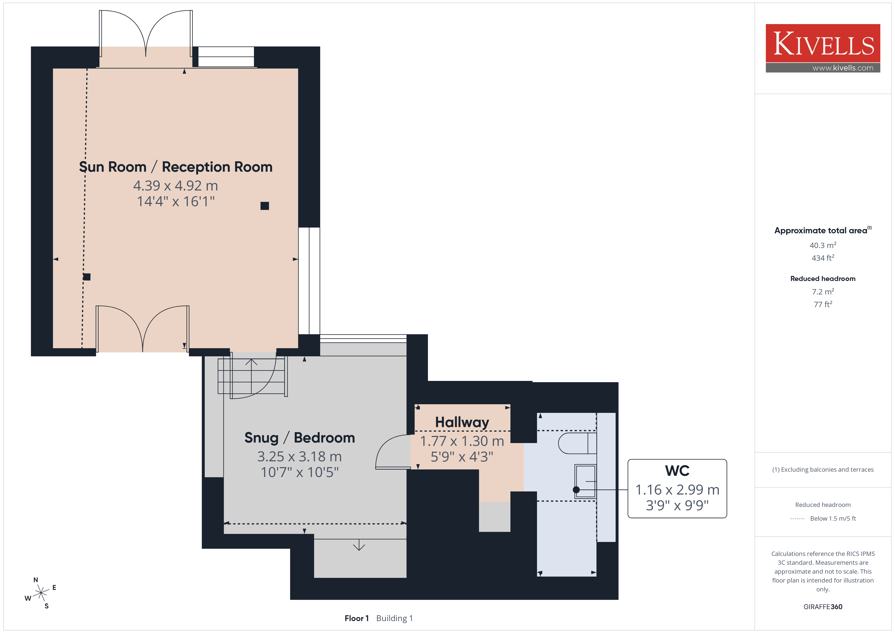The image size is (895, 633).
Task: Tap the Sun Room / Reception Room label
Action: click(176, 167)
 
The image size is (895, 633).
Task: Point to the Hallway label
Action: click(462, 423)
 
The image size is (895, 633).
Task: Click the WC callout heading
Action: click(677, 471)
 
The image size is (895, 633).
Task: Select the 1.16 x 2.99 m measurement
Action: click(677, 489)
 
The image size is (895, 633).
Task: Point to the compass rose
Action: click(41, 593)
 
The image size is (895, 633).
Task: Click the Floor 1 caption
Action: click(356, 618)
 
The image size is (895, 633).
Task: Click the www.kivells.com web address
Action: click(843, 68)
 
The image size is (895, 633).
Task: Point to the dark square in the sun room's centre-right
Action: click(265, 206)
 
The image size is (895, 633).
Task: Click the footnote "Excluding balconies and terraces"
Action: click(827, 470)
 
